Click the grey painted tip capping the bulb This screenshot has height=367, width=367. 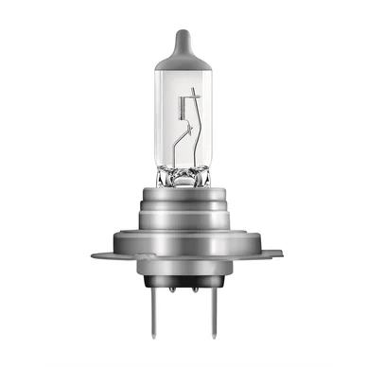tap(183, 47)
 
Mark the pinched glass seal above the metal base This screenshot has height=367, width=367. tap(184, 172)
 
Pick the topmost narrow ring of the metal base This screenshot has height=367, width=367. tap(184, 191)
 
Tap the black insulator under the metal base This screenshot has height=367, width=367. tap(184, 284)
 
